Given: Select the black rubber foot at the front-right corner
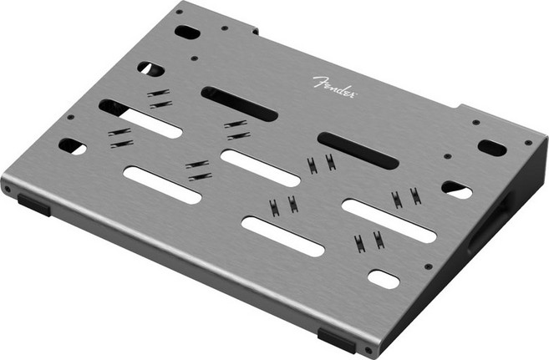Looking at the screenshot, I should click(x=336, y=338).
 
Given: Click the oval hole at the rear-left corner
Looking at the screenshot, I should click(x=187, y=33).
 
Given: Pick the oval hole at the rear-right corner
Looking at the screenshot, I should click(x=492, y=148).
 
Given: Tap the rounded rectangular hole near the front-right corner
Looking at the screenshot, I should click(x=384, y=279).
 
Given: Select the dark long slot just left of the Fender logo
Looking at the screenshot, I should click(x=239, y=104).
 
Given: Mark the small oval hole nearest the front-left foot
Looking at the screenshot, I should click(x=72, y=146).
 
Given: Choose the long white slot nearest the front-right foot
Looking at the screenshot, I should click(x=282, y=236).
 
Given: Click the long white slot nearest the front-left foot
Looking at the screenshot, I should click(x=162, y=185).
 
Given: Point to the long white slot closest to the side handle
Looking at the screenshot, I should click(x=389, y=221).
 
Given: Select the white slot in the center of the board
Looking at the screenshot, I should click(x=260, y=168).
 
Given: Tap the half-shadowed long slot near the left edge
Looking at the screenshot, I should click(x=140, y=119).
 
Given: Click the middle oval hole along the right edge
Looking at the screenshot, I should click(x=456, y=190).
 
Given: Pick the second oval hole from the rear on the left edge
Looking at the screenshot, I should click(x=151, y=68).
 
